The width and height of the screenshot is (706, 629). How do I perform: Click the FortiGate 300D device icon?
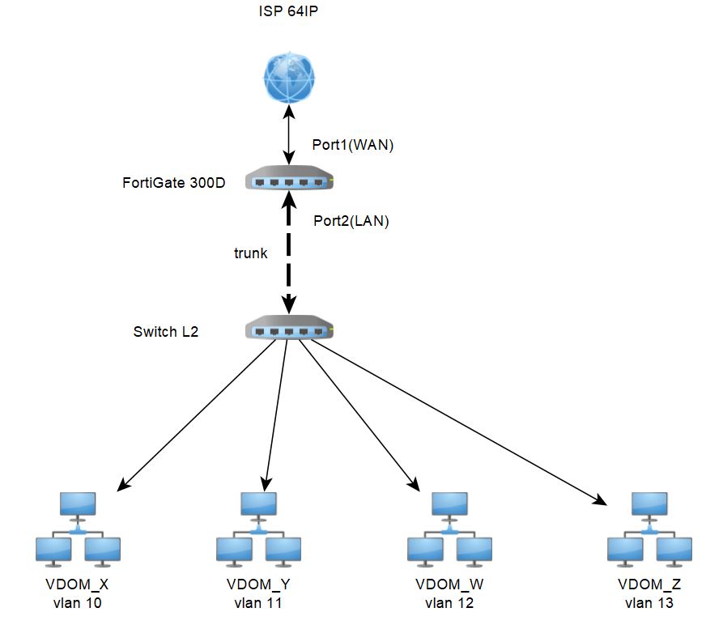point(290,181)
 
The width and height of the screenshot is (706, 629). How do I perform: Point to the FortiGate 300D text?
point(173,183)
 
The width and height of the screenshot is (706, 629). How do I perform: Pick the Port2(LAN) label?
point(351,220)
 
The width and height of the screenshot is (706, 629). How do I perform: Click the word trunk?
point(251,253)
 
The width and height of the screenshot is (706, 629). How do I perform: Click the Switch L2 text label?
point(166,332)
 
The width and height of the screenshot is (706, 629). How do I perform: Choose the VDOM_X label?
point(78,584)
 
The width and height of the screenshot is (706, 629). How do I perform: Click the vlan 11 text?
point(259,603)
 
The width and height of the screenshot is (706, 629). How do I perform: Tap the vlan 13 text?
point(649,603)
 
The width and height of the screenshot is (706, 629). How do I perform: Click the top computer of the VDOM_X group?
point(79,506)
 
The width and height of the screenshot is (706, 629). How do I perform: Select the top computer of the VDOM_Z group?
point(650,506)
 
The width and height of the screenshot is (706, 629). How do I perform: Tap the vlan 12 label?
point(449,603)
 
